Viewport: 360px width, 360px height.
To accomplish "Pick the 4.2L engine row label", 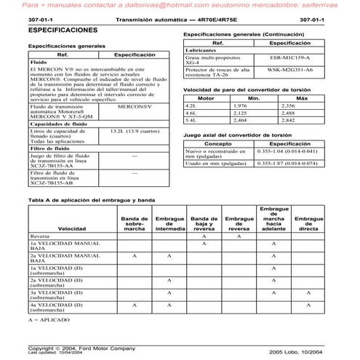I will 192,106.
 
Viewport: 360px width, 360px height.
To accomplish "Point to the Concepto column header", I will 217,144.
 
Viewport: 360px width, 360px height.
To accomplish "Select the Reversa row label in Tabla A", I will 40,236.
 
